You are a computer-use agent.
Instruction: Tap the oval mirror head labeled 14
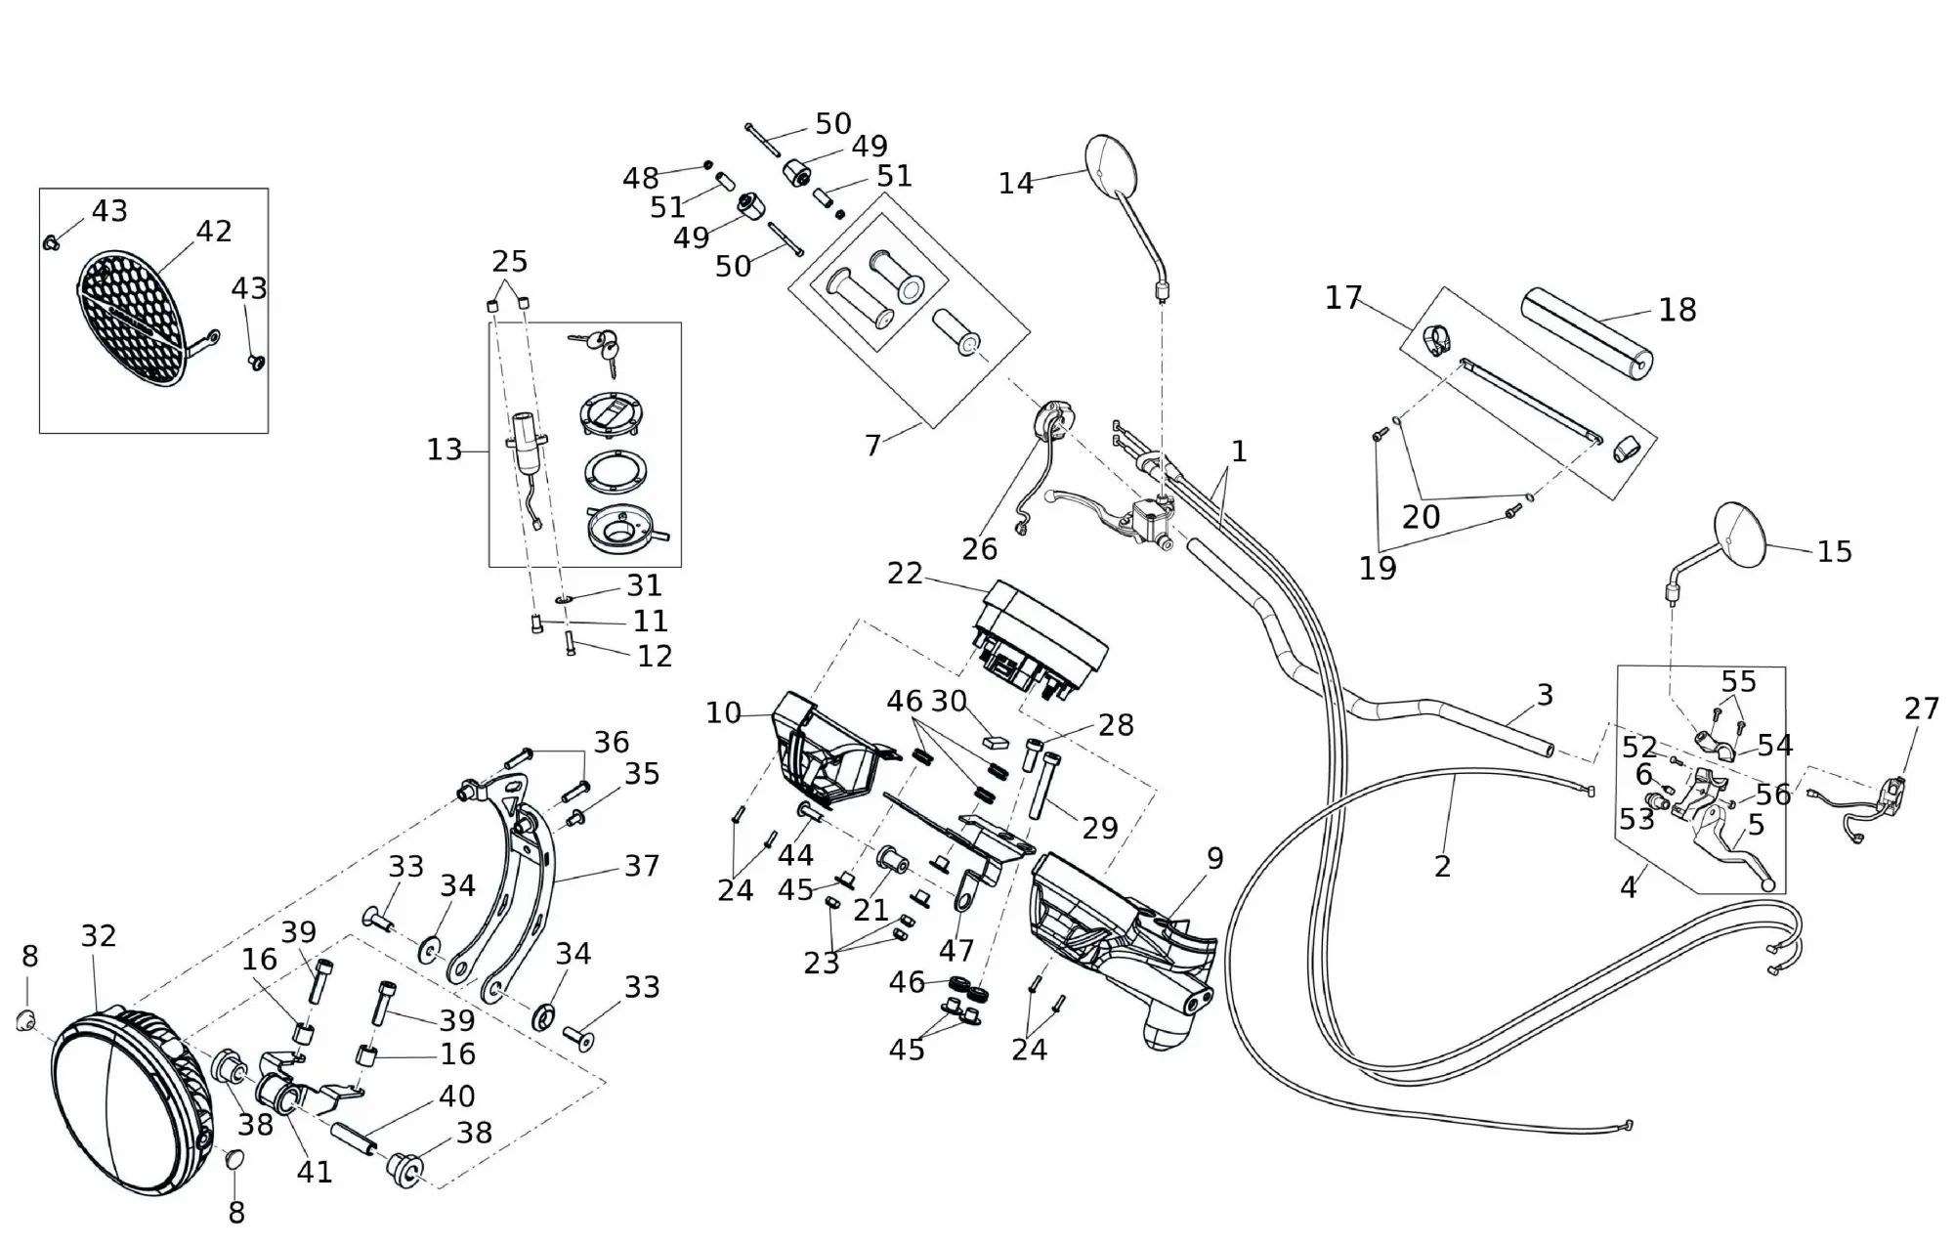tap(1113, 165)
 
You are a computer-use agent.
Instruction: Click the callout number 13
tap(445, 450)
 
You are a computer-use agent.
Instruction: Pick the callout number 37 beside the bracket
tap(642, 866)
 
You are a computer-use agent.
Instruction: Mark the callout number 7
tap(873, 446)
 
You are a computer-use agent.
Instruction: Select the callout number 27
tap(1921, 709)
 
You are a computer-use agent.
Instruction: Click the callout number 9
tap(1214, 858)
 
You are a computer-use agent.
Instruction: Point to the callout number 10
tap(724, 713)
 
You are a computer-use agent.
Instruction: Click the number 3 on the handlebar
tap(1545, 695)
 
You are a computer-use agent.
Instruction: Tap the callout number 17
tap(1343, 297)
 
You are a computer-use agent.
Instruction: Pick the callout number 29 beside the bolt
tap(1100, 828)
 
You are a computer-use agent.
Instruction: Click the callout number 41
tap(315, 1171)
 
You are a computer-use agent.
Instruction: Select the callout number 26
tap(979, 549)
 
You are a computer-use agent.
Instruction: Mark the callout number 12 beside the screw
tap(655, 656)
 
